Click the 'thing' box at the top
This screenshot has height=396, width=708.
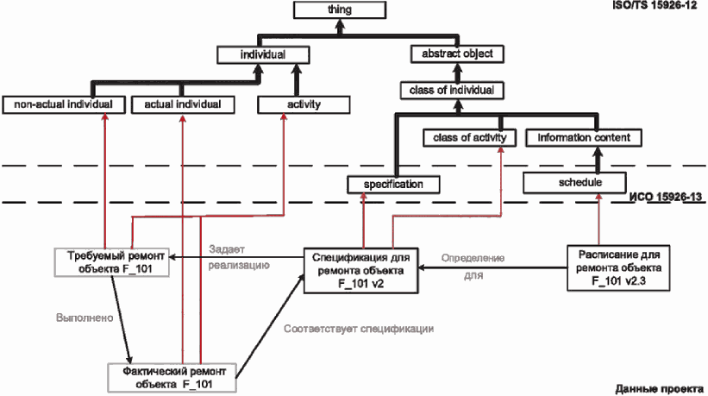tap(340, 10)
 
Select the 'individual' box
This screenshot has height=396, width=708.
tap(263, 55)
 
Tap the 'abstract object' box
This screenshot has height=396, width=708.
tap(457, 54)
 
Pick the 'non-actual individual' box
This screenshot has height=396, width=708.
tap(64, 104)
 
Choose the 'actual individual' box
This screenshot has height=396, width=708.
tap(183, 104)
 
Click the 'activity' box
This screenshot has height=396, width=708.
tap(304, 104)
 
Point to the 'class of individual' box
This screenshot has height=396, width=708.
tap(452, 91)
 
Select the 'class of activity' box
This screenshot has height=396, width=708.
tap(470, 138)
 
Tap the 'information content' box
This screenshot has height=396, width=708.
tap(584, 138)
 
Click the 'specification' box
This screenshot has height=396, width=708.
tap(393, 185)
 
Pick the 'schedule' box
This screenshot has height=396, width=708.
tap(574, 183)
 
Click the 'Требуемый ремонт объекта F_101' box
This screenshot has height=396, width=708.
tap(111, 262)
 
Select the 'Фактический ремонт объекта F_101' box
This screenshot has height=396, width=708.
tap(172, 378)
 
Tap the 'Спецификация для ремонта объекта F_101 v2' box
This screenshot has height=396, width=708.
tap(360, 271)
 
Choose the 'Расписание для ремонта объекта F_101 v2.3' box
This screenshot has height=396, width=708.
tap(618, 267)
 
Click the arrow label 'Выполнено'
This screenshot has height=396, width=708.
tap(85, 317)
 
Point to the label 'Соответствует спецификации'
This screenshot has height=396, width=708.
tap(359, 329)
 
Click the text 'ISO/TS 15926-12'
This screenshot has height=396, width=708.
tap(655, 5)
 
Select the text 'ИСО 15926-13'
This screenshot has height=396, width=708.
tap(665, 197)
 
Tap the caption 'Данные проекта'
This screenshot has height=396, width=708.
tap(659, 389)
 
